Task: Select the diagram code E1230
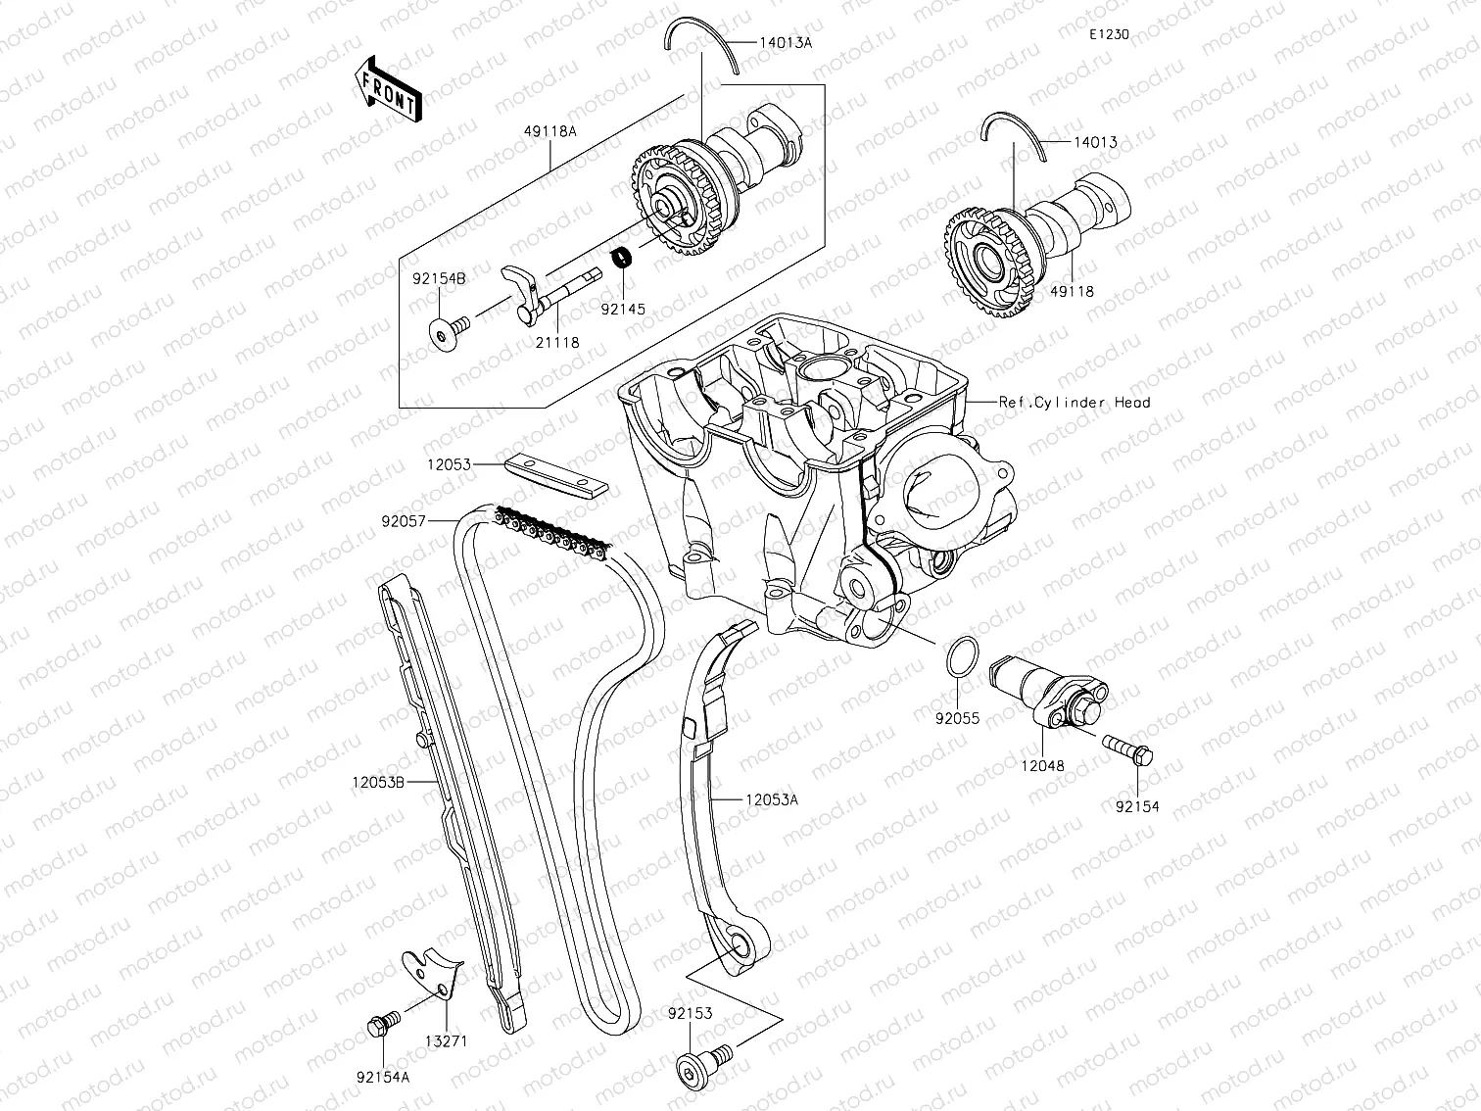(x=1109, y=34)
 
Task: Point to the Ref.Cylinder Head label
(x=1075, y=402)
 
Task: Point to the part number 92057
(x=404, y=522)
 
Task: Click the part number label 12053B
(x=378, y=782)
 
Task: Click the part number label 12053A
(x=772, y=800)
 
